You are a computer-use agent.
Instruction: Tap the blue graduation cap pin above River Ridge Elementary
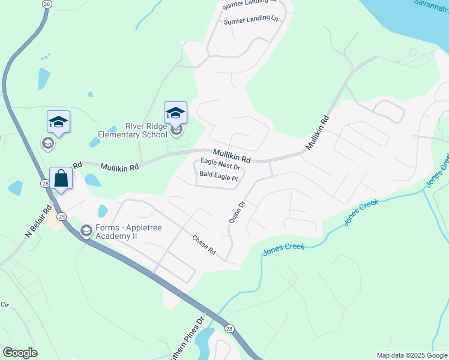[x=175, y=113]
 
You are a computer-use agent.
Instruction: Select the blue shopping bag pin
[x=61, y=178]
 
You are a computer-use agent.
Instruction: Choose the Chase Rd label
[x=203, y=244]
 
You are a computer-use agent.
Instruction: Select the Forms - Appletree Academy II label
[x=114, y=232]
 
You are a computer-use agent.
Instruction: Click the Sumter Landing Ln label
[x=251, y=20]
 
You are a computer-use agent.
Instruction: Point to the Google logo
[x=20, y=353]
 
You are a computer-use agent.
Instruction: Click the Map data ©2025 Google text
[x=412, y=355]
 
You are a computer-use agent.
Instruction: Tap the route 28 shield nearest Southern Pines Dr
[x=229, y=329]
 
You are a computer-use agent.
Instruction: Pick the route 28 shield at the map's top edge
[x=47, y=4]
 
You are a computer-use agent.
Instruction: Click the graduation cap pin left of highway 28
[x=58, y=122]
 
